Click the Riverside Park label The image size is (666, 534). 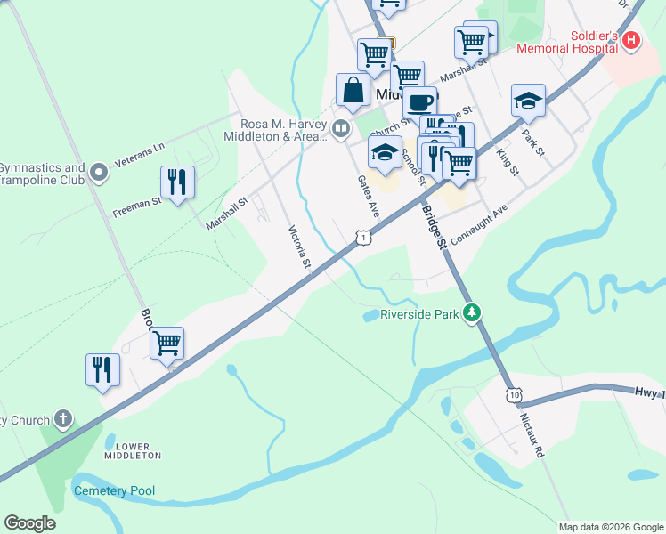tap(418, 314)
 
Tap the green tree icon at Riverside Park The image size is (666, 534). tap(474, 313)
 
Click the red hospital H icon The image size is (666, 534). tap(631, 40)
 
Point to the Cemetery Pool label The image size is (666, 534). tap(114, 490)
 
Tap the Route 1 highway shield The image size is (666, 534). tap(361, 237)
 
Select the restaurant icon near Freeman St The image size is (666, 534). tap(177, 182)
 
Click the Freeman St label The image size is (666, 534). tap(136, 207)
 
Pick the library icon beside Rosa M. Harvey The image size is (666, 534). tap(340, 130)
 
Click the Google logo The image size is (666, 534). tap(29, 523)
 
